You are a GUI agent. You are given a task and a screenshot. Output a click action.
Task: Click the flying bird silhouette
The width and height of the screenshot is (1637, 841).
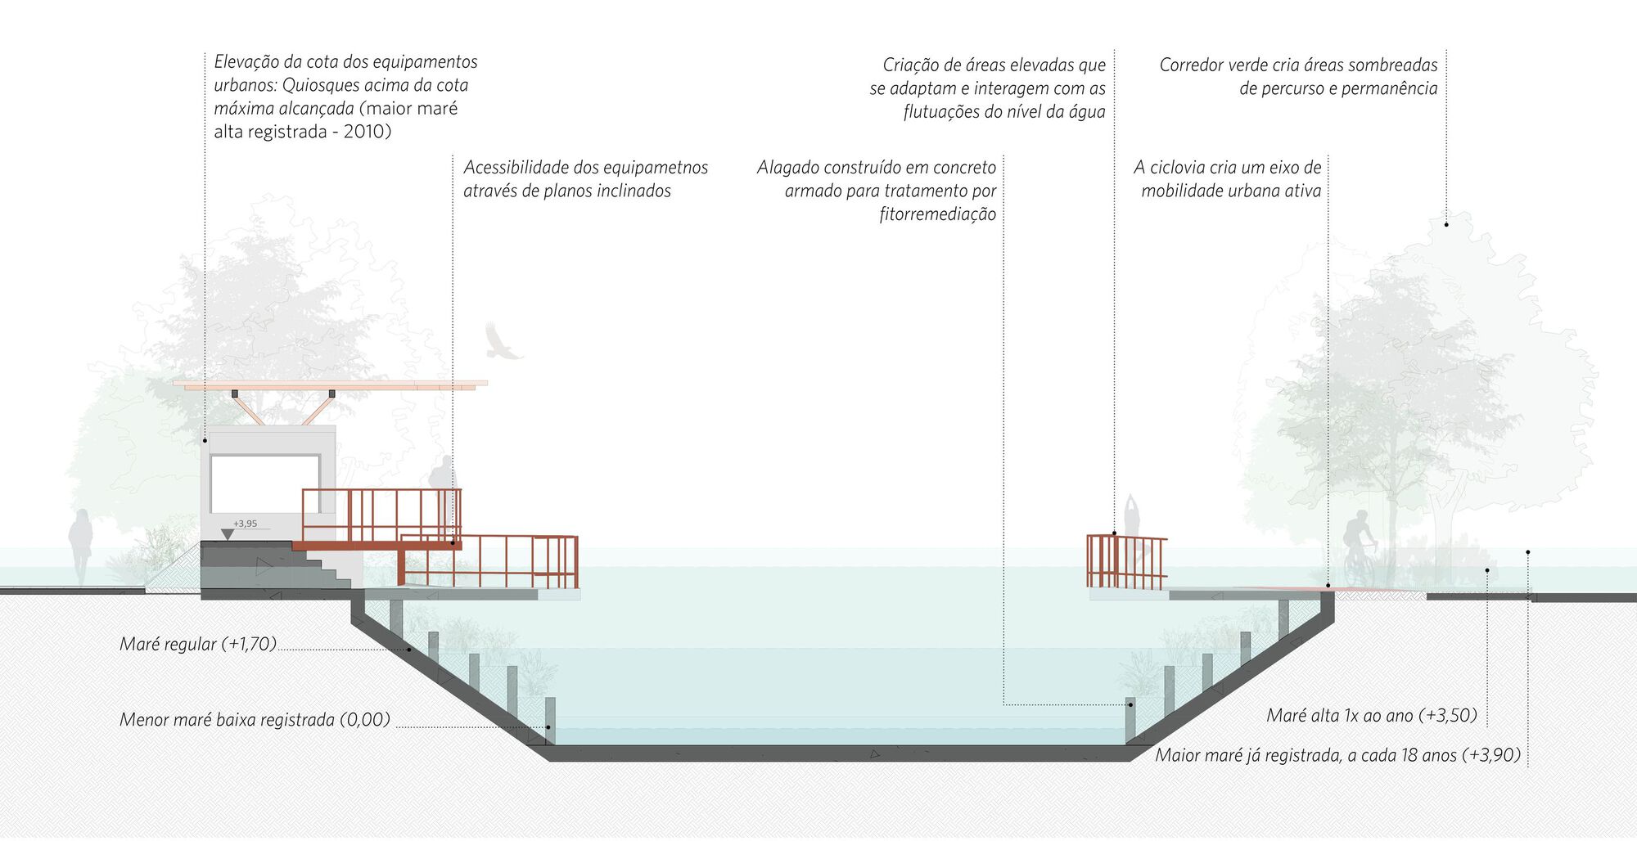[500, 341]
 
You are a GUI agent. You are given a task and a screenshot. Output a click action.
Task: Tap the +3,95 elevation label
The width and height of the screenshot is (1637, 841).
[245, 524]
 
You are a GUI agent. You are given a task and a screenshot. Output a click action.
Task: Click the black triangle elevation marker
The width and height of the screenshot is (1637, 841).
[228, 535]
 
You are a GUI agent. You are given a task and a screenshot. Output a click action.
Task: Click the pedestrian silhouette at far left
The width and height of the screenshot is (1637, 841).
[80, 544]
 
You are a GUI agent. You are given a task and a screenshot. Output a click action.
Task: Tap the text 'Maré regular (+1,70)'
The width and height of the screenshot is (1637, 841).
[198, 644]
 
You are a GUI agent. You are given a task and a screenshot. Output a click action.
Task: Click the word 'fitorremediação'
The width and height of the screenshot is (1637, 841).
[937, 214]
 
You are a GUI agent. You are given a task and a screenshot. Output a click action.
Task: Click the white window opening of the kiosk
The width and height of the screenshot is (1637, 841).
[264, 483]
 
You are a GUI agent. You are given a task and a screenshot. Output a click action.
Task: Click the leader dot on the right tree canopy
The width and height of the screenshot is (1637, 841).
[1446, 224]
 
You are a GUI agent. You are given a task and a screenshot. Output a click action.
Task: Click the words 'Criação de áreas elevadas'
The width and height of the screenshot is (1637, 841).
[994, 65]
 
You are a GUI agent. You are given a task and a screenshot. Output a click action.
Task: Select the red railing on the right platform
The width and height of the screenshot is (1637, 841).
[1125, 562]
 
